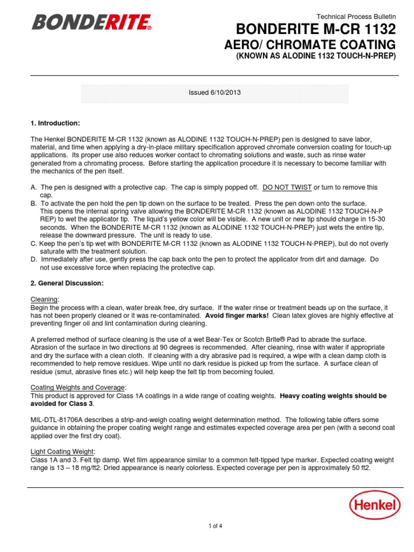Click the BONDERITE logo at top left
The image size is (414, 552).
(x=92, y=23)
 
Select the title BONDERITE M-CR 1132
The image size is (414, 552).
(x=315, y=29)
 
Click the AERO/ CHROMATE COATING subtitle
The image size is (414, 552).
(x=309, y=45)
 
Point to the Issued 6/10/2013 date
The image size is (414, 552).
(x=214, y=93)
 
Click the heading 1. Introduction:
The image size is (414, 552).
(x=56, y=123)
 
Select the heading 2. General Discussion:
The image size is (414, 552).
(x=67, y=283)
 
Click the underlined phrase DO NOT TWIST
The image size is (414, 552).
(x=287, y=187)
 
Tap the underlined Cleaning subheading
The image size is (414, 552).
(x=45, y=299)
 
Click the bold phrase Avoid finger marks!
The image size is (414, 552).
(x=237, y=315)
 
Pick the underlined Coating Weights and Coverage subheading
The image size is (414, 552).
(x=79, y=388)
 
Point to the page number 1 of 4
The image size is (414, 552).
(x=214, y=527)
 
